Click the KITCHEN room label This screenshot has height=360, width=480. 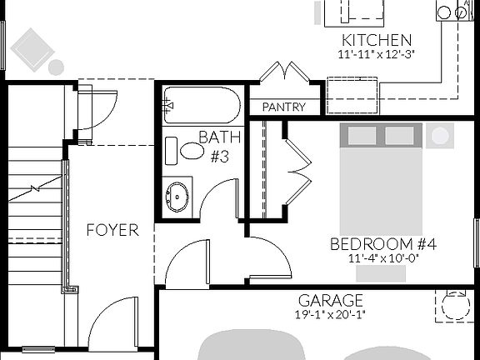click(376, 40)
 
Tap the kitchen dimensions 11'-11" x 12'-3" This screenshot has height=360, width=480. click(376, 54)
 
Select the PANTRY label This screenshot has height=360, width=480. click(282, 107)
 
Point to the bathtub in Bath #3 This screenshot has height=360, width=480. click(202, 105)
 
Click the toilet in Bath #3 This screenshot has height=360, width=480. click(187, 151)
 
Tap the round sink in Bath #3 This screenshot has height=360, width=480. click(177, 197)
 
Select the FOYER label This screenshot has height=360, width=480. click(112, 230)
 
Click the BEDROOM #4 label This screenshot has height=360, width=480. click(383, 244)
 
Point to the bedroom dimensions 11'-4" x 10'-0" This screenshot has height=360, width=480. click(383, 258)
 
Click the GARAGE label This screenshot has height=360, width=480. click(331, 300)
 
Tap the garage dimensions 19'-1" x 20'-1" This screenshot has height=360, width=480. click(331, 315)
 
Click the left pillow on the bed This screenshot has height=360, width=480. click(362, 136)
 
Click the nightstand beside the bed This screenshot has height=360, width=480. click(439, 135)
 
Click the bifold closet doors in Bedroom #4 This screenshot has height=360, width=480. click(297, 171)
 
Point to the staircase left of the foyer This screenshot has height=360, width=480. click(35, 217)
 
